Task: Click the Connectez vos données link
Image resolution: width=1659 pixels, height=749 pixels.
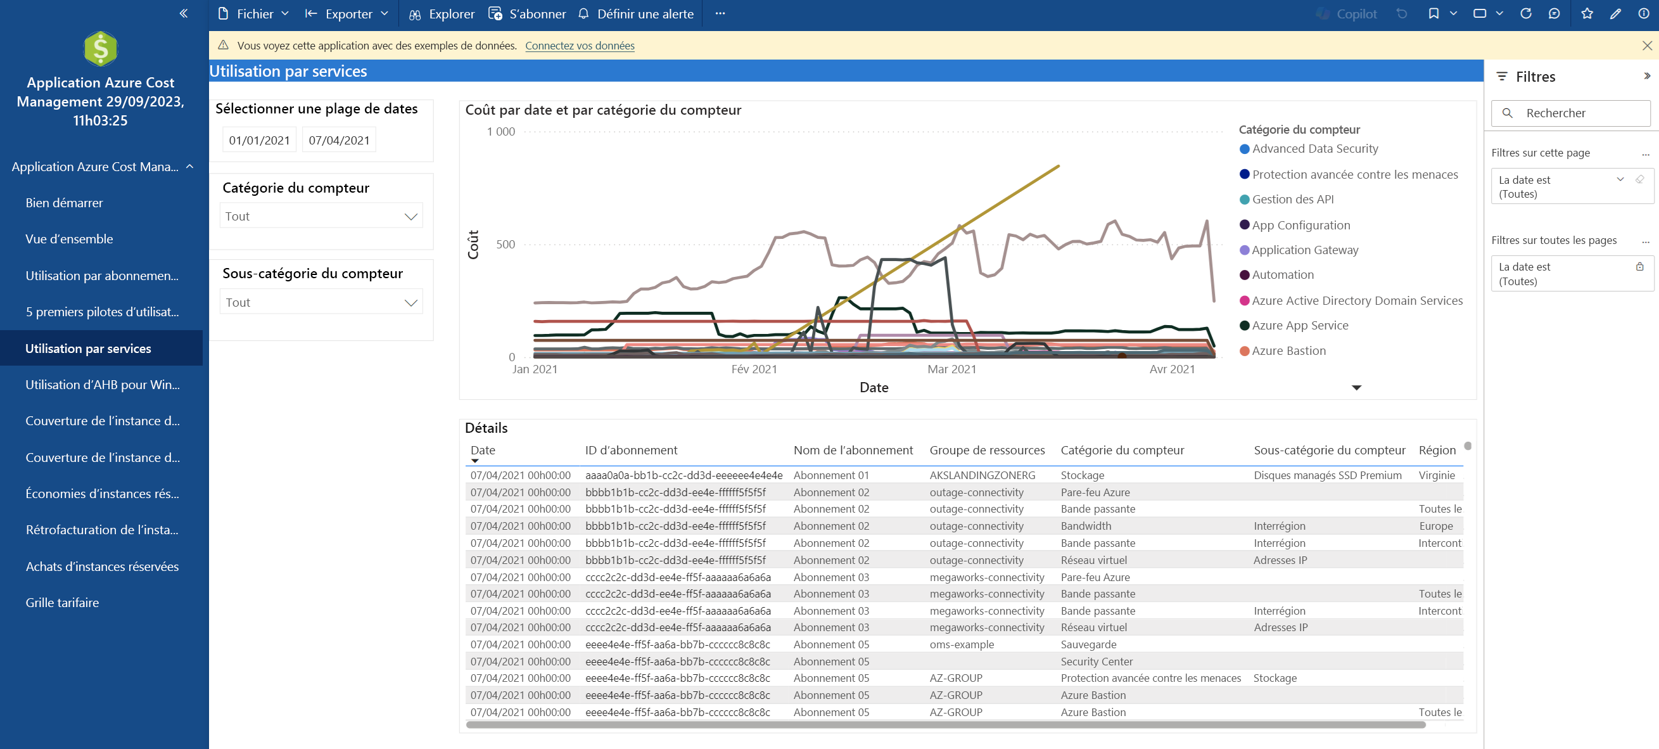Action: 580,46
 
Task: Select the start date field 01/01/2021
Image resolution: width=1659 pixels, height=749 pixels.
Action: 259,140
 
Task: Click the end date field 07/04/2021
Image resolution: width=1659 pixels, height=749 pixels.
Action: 339,140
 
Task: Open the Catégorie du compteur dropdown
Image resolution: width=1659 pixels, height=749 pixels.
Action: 321,216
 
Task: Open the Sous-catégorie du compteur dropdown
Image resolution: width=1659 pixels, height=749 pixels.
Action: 321,302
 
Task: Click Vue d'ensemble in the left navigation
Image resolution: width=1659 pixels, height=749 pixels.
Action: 69,239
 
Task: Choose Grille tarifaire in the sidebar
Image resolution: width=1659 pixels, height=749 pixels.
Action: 63,603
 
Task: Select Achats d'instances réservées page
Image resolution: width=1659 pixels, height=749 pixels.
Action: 102,567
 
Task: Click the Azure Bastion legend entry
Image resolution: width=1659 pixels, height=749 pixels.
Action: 1283,351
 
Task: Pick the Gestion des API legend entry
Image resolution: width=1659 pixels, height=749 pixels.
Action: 1287,200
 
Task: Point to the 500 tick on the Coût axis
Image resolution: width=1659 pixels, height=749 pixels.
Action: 505,245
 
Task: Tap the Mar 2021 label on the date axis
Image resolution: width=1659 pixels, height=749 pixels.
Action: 952,369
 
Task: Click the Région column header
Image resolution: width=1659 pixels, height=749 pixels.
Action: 1437,450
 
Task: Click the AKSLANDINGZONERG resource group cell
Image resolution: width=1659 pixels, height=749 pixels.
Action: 982,475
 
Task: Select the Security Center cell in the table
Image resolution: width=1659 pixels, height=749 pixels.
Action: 1096,662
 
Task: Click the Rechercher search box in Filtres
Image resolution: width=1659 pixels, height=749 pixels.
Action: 1571,113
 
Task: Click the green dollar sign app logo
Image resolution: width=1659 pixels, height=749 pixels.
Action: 101,48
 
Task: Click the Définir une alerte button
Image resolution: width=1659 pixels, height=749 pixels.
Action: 636,13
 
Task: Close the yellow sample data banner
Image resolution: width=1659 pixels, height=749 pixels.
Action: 1647,46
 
